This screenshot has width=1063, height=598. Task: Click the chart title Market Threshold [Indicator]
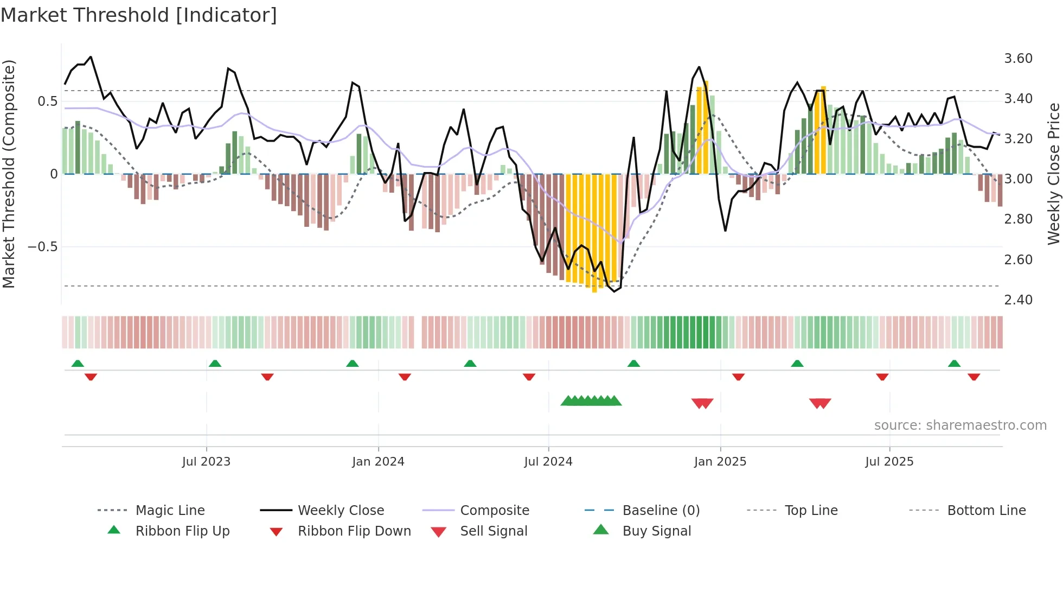coord(139,15)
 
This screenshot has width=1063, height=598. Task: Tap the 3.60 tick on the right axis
coord(1018,59)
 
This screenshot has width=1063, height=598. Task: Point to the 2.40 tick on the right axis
coord(1018,300)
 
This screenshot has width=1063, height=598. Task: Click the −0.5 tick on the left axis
coord(42,247)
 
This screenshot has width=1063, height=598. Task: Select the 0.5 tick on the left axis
coord(47,101)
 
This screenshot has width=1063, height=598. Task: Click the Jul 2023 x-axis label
coord(206,462)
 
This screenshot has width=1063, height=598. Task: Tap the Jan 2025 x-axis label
coord(720,462)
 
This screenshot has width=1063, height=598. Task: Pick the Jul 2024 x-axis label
coord(548,462)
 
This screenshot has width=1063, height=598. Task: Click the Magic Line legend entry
coord(170,511)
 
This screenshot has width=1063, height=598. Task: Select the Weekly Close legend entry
coord(341,511)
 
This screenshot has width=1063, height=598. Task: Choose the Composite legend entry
coord(494,511)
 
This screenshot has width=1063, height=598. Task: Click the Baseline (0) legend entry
coord(661,511)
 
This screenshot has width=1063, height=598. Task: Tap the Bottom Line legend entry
coord(986,511)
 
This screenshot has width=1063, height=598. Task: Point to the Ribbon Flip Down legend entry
coord(354,531)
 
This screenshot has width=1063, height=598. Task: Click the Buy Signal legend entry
coord(656,531)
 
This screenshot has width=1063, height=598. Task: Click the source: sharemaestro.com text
coord(960,425)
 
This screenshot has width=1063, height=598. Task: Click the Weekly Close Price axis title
coord(1053,174)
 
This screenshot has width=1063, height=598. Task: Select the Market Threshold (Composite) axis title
coord(9,174)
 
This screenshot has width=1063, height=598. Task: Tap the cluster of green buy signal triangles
coord(591,401)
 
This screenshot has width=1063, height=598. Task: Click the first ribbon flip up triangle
coord(78,364)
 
